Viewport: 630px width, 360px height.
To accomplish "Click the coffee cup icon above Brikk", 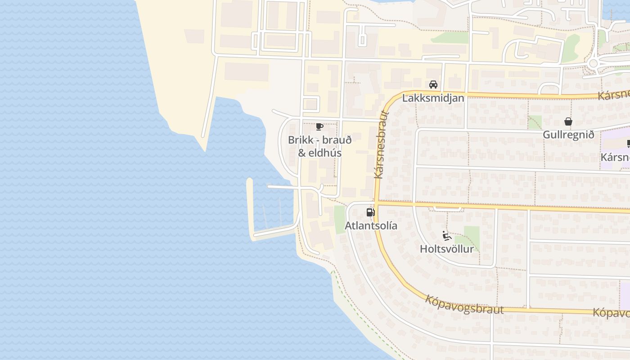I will [319, 126].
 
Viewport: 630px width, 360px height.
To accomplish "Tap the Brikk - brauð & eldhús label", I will [319, 146].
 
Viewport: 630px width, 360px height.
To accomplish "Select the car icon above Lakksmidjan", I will [433, 84].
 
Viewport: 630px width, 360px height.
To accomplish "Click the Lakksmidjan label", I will [433, 98].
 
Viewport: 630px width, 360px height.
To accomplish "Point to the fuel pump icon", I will [370, 212].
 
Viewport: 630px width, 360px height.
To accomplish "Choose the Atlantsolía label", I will [371, 225].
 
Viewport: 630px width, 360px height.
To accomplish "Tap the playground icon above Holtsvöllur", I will [446, 235].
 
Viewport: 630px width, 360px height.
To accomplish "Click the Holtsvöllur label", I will [446, 249].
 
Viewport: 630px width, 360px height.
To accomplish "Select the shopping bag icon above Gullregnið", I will [568, 121].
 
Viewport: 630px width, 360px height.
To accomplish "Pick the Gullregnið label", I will [568, 135].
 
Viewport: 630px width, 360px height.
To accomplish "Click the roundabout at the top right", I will [593, 63].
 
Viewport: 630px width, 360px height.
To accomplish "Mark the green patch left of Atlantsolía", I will [339, 220].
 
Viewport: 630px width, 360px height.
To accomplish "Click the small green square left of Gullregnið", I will [535, 122].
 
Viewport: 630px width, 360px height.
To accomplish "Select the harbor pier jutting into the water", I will [250, 207].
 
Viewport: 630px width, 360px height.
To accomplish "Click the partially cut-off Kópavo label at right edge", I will [611, 312].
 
